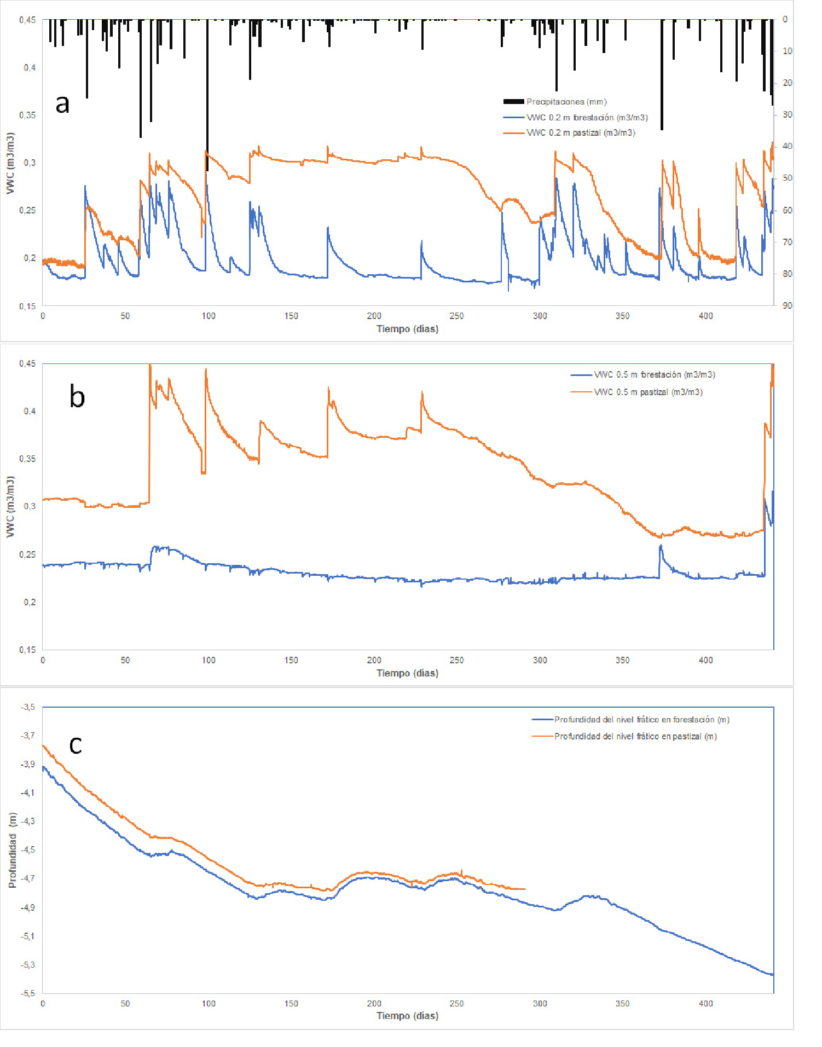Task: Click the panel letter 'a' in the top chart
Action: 63,103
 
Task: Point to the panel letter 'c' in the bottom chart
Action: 76,744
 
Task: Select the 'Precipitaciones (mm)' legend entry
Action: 566,102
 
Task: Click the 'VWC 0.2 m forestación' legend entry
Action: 587,118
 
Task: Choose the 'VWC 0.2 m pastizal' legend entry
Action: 580,133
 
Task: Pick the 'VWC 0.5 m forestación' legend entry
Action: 654,375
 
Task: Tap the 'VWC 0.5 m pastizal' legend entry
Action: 648,392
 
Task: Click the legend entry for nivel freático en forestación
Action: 641,720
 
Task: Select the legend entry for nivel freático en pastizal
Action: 635,737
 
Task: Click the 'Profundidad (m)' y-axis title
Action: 12,850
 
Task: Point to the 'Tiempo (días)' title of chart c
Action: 407,1016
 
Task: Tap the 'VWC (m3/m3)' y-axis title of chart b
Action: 10,506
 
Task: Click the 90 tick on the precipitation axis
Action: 787,305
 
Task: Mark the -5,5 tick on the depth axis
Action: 28,993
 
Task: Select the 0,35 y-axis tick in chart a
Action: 28,115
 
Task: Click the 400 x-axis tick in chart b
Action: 705,660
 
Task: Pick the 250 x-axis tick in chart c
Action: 456,1003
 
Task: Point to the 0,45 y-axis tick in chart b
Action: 28,363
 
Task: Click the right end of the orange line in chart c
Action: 525,889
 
